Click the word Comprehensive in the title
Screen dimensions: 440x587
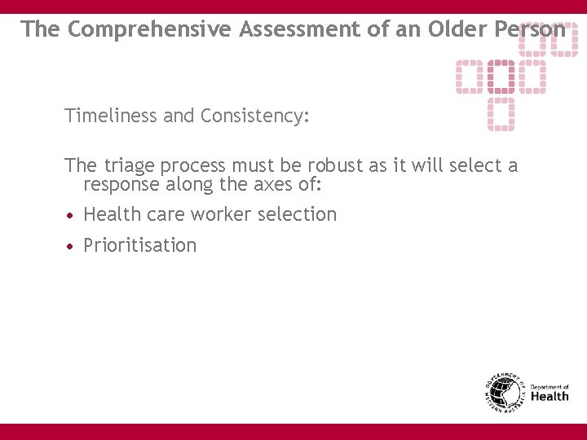pos(150,29)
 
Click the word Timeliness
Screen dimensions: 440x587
pos(111,116)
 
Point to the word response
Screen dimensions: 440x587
pos(121,186)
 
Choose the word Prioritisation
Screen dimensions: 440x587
pos(140,245)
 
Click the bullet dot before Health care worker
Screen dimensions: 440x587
pos(72,215)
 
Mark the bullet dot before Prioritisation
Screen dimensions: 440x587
pos(72,246)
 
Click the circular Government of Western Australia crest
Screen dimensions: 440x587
pos(505,392)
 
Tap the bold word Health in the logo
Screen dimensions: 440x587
pos(549,397)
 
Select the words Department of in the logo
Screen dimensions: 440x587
pos(549,387)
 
